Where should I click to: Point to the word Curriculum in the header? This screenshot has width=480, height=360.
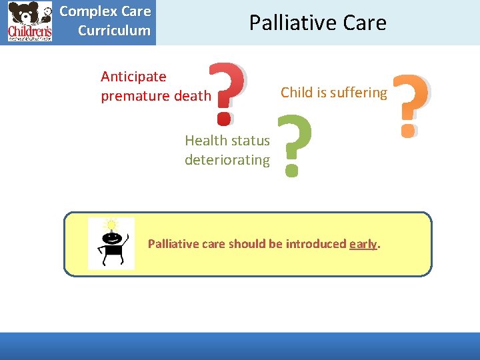point(114,30)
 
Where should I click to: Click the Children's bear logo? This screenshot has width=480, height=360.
point(29,22)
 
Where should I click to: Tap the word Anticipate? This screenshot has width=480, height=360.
point(133,77)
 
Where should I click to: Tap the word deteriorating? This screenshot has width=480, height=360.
point(227,160)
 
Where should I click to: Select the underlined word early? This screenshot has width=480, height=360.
point(363,244)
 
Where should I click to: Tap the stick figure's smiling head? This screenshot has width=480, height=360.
point(111,237)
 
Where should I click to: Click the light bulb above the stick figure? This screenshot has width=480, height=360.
point(111,225)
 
